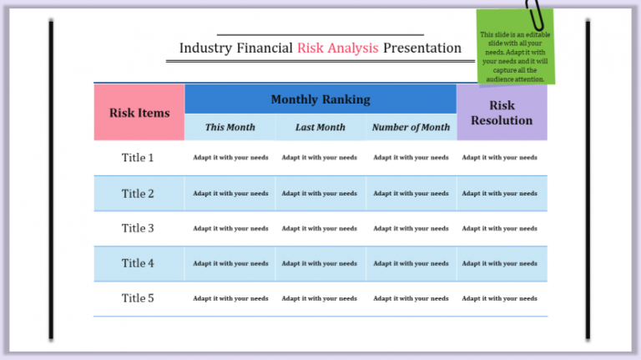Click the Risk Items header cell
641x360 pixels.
[x=139, y=113]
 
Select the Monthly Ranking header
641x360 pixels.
[x=320, y=99]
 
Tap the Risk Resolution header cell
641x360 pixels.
[x=502, y=113]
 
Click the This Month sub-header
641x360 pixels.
[x=230, y=128]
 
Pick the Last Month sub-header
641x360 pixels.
[x=320, y=128]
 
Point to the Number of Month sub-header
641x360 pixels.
[x=411, y=128]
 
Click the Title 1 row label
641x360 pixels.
[x=138, y=158]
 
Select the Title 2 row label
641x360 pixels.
[x=138, y=194]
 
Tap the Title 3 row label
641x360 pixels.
[x=138, y=228]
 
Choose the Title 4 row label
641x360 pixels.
[x=138, y=263]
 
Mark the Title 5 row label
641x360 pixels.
[x=138, y=298]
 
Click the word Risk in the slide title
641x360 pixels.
[x=311, y=48]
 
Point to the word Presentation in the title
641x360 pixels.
[x=422, y=48]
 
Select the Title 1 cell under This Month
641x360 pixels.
[x=230, y=158]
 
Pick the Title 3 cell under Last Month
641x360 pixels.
[x=320, y=228]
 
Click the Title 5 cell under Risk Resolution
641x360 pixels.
[x=500, y=298]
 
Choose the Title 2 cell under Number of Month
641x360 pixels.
[x=411, y=194]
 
